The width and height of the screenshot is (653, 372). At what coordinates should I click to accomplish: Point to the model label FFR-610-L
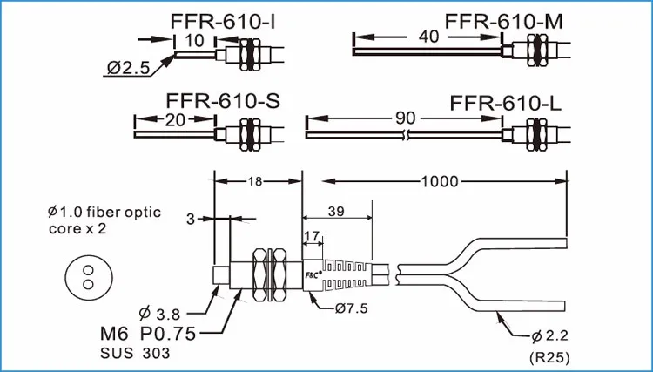click(506, 103)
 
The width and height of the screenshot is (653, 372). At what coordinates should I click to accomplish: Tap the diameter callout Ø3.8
click(164, 312)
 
